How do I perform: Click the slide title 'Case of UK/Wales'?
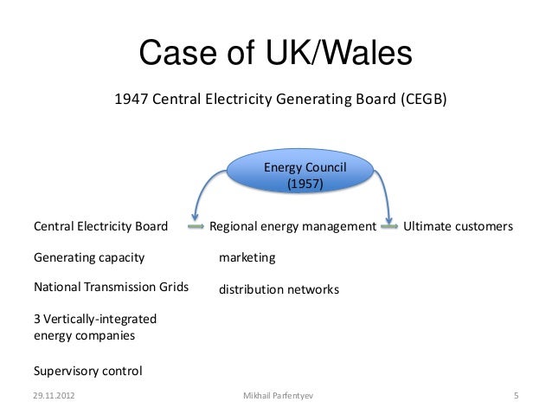pos(274,54)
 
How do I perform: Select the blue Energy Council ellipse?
pos(297,174)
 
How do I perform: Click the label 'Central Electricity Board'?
pos(99,227)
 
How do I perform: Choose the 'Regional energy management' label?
pos(293,227)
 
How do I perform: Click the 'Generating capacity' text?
pos(88,257)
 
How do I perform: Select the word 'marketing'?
pos(247,258)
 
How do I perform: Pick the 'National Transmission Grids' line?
pos(111,287)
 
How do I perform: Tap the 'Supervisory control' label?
pos(87,372)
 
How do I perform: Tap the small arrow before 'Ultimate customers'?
pos(390,227)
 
